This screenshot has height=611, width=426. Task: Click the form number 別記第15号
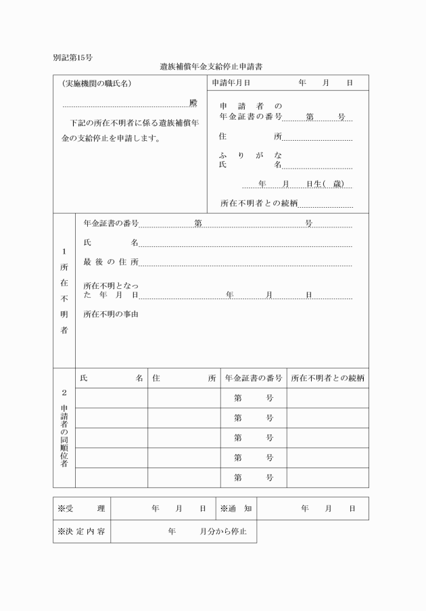[73, 57]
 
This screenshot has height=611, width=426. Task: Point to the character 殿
[193, 103]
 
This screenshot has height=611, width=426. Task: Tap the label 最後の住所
[111, 262]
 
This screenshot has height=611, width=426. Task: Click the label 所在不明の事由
[111, 314]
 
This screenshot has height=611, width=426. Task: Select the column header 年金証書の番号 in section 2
[253, 378]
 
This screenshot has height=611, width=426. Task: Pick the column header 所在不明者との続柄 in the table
[327, 378]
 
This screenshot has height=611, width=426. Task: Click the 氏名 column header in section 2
[111, 378]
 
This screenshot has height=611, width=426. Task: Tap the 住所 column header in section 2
[184, 378]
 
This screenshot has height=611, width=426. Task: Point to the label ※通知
[235, 508]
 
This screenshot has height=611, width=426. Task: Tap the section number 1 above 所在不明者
[64, 252]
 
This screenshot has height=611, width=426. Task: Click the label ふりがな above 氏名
[251, 155]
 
